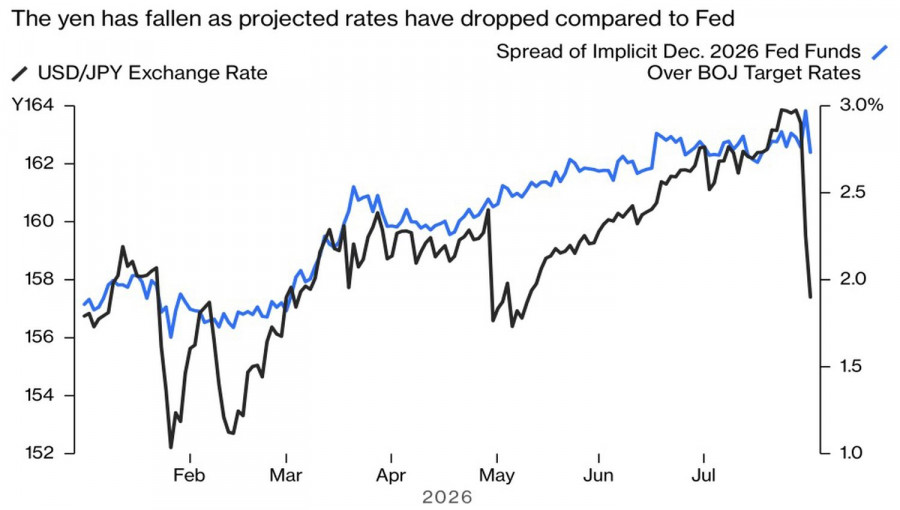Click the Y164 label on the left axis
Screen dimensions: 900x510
tap(33, 106)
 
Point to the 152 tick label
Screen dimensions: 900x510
tap(39, 453)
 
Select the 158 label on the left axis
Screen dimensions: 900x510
tap(39, 279)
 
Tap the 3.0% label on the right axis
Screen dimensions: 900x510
tap(861, 106)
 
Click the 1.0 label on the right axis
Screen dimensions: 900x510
tap(852, 453)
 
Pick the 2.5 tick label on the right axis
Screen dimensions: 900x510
tap(852, 192)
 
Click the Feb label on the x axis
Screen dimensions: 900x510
tap(189, 476)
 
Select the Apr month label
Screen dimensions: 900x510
tap(391, 476)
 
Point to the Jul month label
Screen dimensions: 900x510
tap(703, 476)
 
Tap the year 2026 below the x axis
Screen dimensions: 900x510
tap(447, 497)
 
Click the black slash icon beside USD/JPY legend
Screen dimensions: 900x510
tap(20, 73)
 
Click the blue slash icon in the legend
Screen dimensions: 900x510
tap(879, 52)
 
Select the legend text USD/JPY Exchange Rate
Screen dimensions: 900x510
tap(153, 73)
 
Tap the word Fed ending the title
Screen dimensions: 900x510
tap(716, 19)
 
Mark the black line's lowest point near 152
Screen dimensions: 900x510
tap(170, 447)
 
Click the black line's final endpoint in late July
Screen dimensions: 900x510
tap(810, 297)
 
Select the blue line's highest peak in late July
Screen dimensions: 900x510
tap(806, 111)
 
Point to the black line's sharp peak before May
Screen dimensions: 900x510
tap(488, 210)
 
